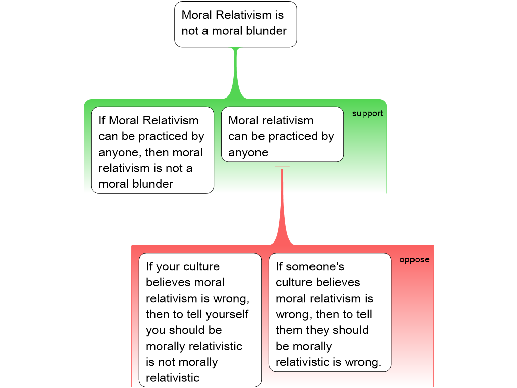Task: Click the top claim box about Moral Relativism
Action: pyautogui.click(x=235, y=24)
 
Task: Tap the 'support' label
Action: pyautogui.click(x=368, y=113)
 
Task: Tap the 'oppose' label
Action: pyautogui.click(x=415, y=260)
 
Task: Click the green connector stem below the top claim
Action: pyautogui.click(x=235, y=71)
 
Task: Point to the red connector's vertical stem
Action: pyautogui.click(x=282, y=202)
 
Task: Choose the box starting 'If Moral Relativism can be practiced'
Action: pyautogui.click(x=152, y=151)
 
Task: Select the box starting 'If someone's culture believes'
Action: pyautogui.click(x=330, y=312)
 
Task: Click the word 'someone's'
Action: pyautogui.click(x=317, y=266)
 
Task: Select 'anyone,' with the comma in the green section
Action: pyautogui.click(x=120, y=153)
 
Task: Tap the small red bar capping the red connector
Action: pyautogui.click(x=282, y=166)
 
